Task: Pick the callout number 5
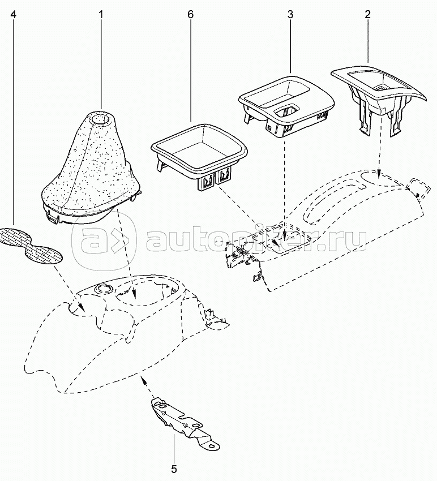[174, 469]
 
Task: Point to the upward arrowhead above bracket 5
[143, 379]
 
